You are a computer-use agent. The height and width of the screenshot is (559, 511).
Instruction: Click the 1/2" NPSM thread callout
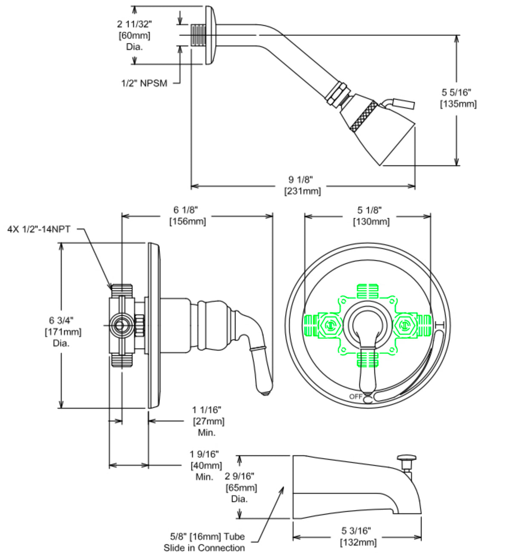(x=144, y=83)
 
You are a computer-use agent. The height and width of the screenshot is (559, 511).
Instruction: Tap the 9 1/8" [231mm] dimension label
(x=302, y=185)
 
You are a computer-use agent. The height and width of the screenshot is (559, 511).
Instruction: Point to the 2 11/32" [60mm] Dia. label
(x=134, y=35)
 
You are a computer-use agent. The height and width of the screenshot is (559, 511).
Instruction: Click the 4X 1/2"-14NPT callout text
(x=39, y=229)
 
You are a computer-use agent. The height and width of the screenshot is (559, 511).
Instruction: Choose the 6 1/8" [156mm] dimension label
(x=187, y=216)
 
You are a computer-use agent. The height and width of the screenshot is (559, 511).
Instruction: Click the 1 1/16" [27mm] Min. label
(x=208, y=421)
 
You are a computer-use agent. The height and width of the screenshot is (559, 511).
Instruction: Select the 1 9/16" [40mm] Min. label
(x=206, y=466)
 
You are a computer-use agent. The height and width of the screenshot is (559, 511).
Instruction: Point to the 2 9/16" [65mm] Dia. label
(x=241, y=487)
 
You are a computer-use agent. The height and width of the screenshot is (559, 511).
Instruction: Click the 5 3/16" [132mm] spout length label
(x=358, y=536)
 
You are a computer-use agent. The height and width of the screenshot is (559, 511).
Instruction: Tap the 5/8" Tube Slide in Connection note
(x=204, y=542)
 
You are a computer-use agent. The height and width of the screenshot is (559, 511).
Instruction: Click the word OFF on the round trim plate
(x=356, y=397)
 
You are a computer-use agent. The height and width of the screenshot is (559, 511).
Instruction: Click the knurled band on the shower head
(x=363, y=115)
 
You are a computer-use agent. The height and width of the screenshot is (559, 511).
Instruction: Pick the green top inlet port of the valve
(x=367, y=291)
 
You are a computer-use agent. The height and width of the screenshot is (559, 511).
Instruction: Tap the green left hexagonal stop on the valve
(x=330, y=326)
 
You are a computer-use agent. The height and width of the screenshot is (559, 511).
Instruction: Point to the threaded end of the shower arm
(x=198, y=35)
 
